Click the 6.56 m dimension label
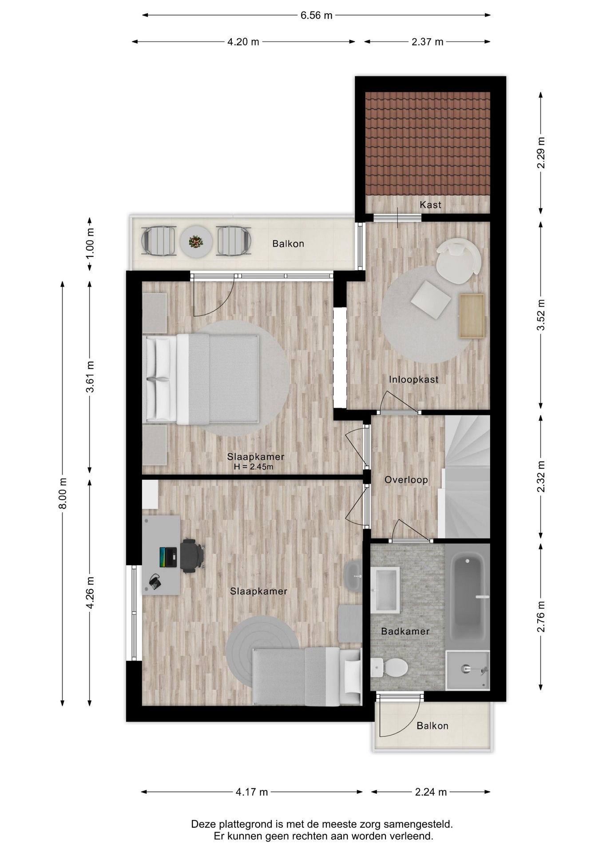316,16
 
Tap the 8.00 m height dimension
63,494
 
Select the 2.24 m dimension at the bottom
431,792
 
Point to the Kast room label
430,205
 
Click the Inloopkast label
413,379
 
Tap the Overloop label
406,480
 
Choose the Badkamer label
405,631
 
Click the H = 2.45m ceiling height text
254,467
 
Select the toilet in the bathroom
389,667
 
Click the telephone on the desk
155,582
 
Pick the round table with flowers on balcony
196,242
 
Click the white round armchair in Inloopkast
458,261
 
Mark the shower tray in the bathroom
467,670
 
